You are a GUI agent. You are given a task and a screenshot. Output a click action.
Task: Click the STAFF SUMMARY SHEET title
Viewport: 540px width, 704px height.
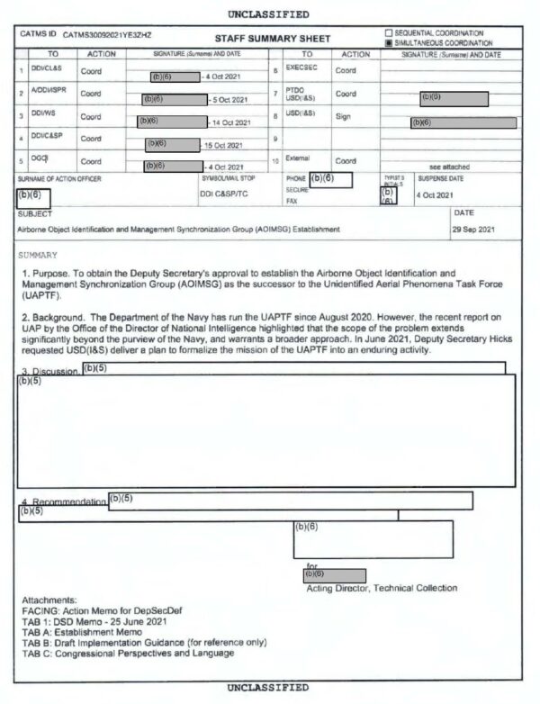(273, 38)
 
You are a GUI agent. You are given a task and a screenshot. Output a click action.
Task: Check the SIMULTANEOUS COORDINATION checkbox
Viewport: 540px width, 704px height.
(389, 42)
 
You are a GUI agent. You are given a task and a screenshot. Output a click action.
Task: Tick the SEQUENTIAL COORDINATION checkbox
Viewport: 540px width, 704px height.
(389, 33)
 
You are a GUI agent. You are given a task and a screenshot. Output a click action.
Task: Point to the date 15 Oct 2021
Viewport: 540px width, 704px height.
(223, 144)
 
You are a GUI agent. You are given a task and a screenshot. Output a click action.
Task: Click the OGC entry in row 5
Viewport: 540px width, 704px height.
(39, 158)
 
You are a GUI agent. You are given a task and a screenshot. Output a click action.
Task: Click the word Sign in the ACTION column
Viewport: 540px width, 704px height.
(343, 116)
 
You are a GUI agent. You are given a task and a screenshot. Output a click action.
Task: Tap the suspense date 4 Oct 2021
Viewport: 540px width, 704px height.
(434, 194)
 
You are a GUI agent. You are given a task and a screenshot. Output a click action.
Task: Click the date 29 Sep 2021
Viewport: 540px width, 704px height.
(474, 229)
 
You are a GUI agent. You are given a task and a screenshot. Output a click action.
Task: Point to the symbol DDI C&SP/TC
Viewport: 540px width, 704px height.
(224, 194)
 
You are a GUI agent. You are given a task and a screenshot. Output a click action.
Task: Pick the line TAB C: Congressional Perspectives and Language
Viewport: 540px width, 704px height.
(126, 653)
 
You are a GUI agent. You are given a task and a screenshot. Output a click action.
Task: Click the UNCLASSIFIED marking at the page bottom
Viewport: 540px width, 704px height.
(269, 687)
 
